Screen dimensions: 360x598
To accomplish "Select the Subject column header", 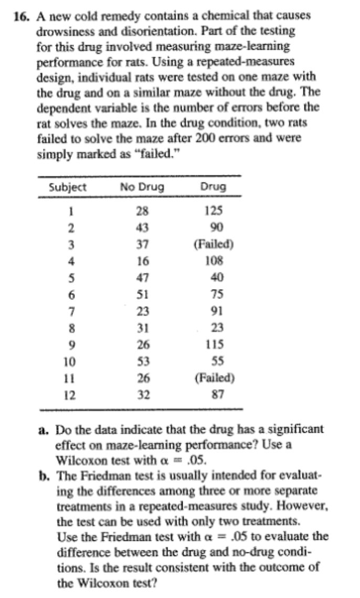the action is [x=68, y=187].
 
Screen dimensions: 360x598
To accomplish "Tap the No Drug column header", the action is [x=142, y=187].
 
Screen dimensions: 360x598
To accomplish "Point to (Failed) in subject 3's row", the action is [x=214, y=244].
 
